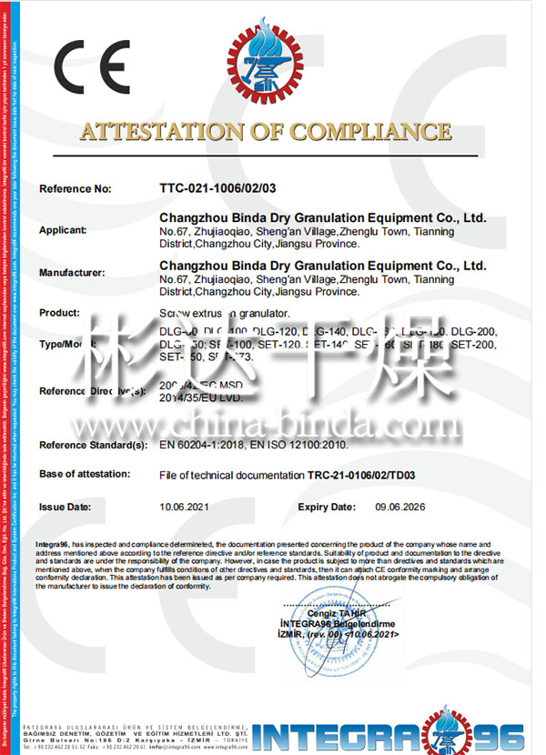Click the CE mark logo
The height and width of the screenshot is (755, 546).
[92, 65]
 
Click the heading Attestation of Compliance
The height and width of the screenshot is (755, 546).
[265, 131]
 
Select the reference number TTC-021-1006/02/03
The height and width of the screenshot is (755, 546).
[217, 188]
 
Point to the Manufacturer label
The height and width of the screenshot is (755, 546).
[72, 271]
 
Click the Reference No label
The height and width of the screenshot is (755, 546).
[75, 188]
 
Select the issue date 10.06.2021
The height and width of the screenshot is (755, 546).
[185, 507]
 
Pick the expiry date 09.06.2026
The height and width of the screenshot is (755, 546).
[400, 507]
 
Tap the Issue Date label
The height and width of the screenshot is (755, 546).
[65, 507]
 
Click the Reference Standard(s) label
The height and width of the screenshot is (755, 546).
[93, 445]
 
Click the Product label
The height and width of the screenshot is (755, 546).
[59, 312]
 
